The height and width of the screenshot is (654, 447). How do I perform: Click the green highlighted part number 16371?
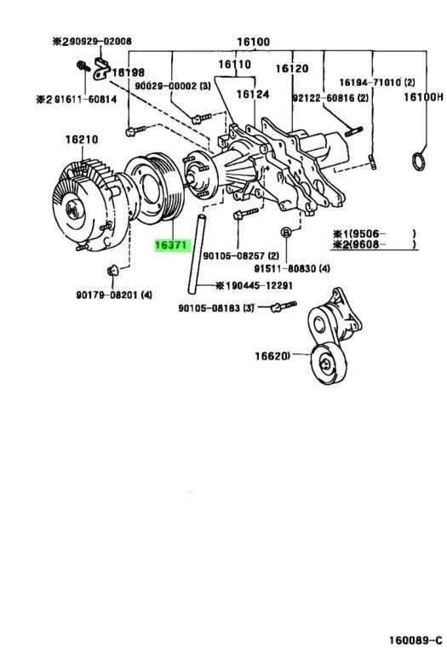170,245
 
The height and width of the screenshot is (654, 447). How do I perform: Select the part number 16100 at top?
254,41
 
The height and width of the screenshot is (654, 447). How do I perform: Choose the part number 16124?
253,95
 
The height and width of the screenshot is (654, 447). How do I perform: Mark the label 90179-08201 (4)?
113,295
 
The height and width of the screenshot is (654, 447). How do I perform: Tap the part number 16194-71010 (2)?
375,83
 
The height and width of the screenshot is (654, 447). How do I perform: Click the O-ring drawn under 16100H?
420,159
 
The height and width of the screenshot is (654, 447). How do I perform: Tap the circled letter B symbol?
287,232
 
